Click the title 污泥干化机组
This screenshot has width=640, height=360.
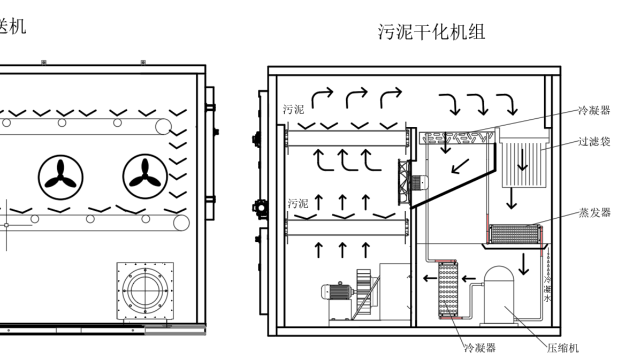point(432,31)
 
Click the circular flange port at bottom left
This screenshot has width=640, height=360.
point(145,292)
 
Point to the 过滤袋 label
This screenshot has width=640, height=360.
point(594,143)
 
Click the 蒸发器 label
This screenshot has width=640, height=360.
point(594,213)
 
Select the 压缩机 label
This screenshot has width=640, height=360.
point(564,347)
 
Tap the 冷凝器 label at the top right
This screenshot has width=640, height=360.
point(594,111)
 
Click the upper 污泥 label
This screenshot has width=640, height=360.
point(293,108)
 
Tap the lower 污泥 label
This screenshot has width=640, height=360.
point(297,203)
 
